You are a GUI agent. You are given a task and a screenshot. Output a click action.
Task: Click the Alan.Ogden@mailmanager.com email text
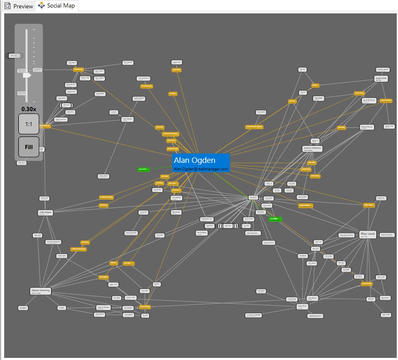click(201, 169)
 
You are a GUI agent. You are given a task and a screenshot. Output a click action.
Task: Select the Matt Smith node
click(381, 79)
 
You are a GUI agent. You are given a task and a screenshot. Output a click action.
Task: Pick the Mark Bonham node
click(369, 101)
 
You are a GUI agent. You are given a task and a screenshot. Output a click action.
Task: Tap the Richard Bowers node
click(367, 127)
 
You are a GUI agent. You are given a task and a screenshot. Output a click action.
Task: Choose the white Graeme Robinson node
click(312, 149)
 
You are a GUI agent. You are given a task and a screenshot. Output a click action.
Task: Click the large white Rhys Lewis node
click(368, 234)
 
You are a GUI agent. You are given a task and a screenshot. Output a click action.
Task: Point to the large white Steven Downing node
click(41, 291)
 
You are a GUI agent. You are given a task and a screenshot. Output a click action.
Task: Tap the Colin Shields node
click(128, 119)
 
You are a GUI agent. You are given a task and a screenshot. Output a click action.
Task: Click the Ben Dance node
click(176, 212)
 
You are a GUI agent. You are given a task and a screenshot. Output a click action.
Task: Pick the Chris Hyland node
click(176, 198)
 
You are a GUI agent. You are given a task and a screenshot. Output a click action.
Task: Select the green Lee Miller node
click(275, 219)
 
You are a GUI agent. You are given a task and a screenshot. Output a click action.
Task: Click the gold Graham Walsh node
click(306, 205)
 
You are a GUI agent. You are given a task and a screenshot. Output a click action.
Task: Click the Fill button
click(29, 147)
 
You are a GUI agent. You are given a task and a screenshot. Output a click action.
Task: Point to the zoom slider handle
click(27, 75)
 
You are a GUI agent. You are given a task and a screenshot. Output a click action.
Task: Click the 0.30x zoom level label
click(29, 109)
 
